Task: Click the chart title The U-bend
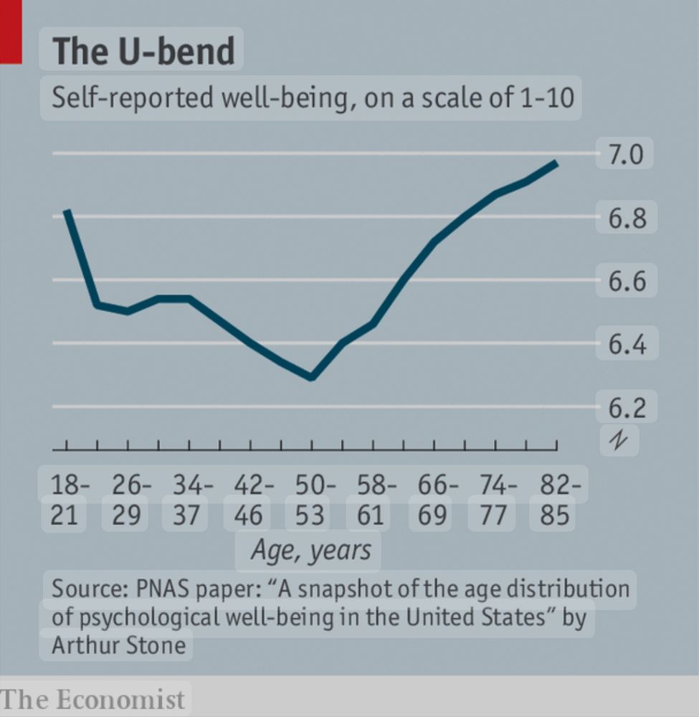pyautogui.click(x=143, y=51)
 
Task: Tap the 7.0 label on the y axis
pyautogui.click(x=627, y=153)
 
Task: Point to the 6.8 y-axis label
pyautogui.click(x=627, y=218)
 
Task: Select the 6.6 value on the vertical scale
pyautogui.click(x=627, y=281)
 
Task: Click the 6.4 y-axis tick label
pyautogui.click(x=627, y=345)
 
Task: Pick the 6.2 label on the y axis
pyautogui.click(x=627, y=408)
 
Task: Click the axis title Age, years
pyautogui.click(x=310, y=550)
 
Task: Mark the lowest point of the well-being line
pyautogui.click(x=311, y=377)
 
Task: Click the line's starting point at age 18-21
pyautogui.click(x=67, y=211)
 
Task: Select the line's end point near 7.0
pyautogui.click(x=556, y=163)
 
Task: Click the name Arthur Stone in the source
pyautogui.click(x=118, y=645)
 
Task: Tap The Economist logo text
pyautogui.click(x=93, y=699)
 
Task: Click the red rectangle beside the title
pyautogui.click(x=11, y=32)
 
